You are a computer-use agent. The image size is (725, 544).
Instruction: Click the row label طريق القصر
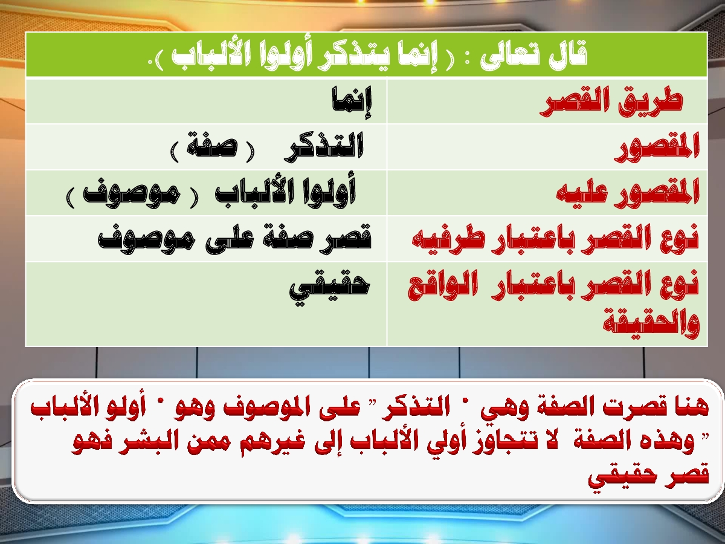(611, 103)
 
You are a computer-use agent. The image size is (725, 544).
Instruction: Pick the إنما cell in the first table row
(352, 102)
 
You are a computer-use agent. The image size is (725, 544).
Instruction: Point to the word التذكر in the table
(324, 147)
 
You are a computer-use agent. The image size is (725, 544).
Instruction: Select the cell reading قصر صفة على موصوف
(235, 238)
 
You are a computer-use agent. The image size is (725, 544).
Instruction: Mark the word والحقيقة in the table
(651, 325)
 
